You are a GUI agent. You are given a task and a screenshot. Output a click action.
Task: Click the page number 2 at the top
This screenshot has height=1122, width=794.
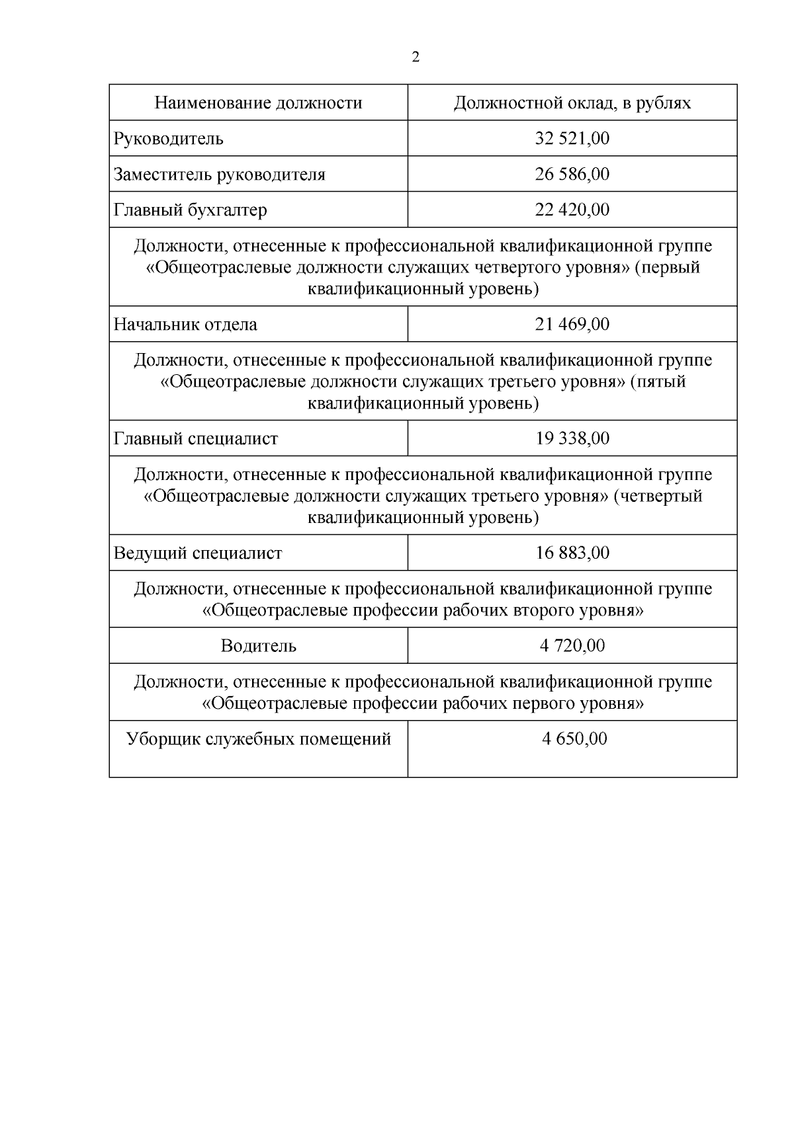(416, 58)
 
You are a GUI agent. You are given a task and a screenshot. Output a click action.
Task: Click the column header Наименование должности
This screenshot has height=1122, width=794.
(258, 103)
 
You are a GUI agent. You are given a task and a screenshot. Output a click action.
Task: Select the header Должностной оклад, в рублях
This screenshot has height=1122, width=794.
(572, 103)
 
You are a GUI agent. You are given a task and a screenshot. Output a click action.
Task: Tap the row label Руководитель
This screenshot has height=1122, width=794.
(169, 139)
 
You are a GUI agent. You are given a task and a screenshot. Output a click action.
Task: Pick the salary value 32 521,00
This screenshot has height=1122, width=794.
(572, 138)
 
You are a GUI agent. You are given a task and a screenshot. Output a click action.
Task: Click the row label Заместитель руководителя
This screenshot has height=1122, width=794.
(220, 175)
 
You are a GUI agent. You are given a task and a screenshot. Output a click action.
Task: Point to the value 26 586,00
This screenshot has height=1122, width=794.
(572, 174)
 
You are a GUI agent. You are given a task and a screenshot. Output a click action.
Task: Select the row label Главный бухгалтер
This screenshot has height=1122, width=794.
(191, 210)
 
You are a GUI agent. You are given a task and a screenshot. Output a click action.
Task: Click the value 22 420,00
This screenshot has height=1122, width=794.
(572, 210)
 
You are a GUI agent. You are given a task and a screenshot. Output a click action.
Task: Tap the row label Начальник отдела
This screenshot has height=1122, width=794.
(185, 325)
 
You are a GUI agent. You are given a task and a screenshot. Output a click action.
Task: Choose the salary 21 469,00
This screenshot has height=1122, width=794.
(572, 324)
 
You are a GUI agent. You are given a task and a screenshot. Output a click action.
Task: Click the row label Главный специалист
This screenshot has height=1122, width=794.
(196, 439)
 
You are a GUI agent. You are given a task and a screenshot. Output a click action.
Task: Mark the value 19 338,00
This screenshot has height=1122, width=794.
(572, 438)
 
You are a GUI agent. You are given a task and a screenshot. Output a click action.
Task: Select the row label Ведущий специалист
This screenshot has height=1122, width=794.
(198, 553)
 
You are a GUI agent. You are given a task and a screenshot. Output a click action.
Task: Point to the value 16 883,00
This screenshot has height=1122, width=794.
(572, 553)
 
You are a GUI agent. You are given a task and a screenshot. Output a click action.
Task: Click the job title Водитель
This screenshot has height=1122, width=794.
(258, 646)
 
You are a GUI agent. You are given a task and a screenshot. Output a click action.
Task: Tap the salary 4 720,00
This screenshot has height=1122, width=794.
(572, 645)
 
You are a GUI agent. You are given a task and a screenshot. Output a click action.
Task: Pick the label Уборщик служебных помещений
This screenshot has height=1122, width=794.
(258, 739)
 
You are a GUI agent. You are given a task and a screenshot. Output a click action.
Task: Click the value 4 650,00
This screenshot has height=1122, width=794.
(574, 739)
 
